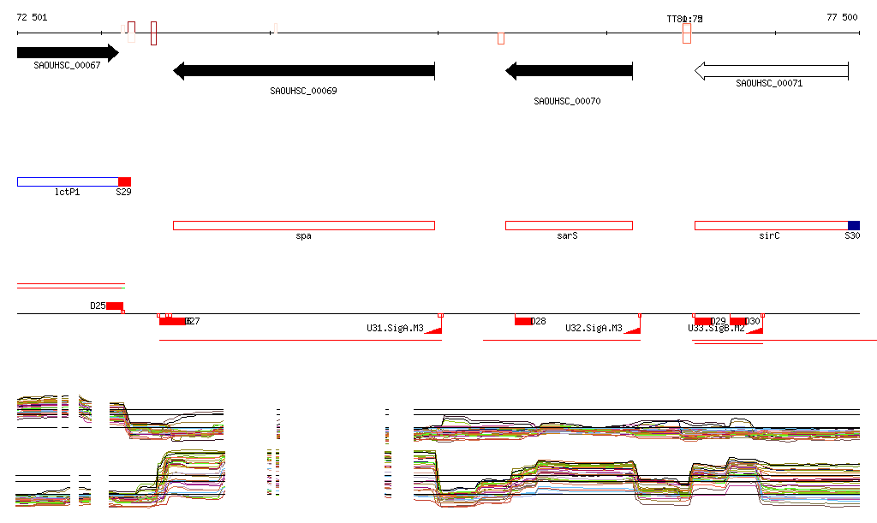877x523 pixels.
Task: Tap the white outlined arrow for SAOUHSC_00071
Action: pos(771,71)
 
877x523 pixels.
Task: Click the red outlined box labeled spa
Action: pos(303,225)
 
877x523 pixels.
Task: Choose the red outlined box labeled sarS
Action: pos(569,225)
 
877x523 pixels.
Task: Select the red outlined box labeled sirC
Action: pos(770,225)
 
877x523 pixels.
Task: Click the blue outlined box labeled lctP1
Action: pos(67,181)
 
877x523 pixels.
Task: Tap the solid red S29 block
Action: pos(124,181)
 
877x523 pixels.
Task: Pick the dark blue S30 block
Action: pos(853,225)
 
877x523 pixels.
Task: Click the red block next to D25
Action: pos(115,306)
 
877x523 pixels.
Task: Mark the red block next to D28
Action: pos(522,321)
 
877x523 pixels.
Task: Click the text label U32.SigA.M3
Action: pos(594,328)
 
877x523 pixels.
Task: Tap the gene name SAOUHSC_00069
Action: pos(303,91)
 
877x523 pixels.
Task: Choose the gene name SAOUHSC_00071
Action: pos(769,83)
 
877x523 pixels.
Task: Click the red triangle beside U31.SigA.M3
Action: pos(435,330)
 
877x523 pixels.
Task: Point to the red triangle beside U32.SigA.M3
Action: pos(634,330)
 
